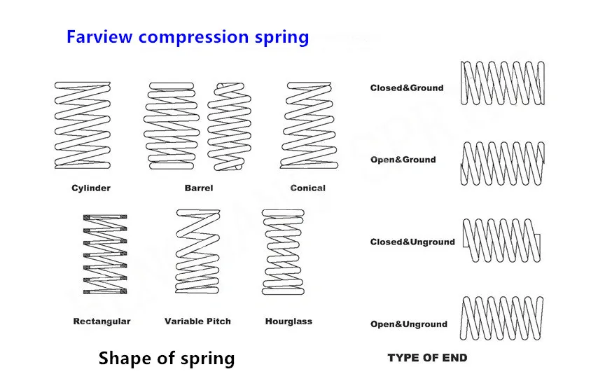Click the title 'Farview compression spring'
click(x=188, y=36)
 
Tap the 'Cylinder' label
click(x=91, y=188)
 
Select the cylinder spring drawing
click(x=83, y=125)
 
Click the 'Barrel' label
click(x=199, y=188)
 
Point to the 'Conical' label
click(x=308, y=188)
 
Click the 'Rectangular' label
click(x=102, y=321)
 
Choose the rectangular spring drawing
click(x=105, y=254)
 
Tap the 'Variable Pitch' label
click(x=197, y=321)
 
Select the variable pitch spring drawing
click(x=198, y=251)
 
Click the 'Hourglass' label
click(x=288, y=321)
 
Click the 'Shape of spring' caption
click(x=167, y=359)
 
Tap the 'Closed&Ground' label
click(x=407, y=88)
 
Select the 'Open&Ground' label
click(x=403, y=160)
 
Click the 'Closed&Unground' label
click(x=412, y=242)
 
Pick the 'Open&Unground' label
click(x=408, y=324)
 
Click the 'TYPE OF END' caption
click(x=427, y=358)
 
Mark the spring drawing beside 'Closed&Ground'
click(x=502, y=83)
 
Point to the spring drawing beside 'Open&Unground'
click(x=502, y=319)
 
